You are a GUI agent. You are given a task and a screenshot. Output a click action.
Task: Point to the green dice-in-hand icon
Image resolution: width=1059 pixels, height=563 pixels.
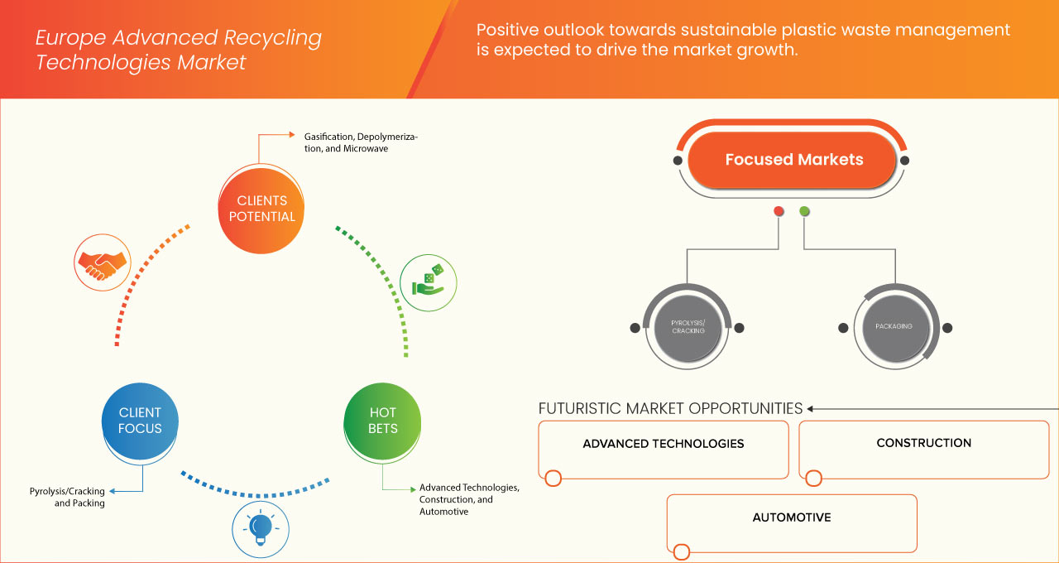click(x=428, y=282)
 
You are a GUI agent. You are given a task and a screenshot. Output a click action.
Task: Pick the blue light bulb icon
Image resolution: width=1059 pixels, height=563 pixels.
click(x=261, y=527)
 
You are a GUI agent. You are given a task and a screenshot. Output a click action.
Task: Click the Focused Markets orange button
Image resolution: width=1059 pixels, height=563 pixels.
click(x=793, y=160)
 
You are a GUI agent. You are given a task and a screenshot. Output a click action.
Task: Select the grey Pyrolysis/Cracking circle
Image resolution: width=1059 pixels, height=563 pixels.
click(x=688, y=326)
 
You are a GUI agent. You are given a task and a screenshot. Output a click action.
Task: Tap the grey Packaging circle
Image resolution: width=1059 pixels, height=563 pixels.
click(x=894, y=326)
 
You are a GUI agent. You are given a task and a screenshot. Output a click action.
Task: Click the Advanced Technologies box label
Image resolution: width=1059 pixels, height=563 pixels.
click(x=663, y=444)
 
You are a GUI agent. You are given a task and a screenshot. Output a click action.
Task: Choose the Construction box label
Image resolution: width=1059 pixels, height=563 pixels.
click(x=923, y=443)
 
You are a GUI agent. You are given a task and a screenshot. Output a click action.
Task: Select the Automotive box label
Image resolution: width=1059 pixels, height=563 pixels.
click(x=792, y=517)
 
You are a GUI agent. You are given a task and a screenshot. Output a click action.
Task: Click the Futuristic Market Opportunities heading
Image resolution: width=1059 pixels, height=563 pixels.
click(x=670, y=408)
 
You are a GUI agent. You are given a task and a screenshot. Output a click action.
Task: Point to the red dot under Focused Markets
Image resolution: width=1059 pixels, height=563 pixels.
click(x=779, y=211)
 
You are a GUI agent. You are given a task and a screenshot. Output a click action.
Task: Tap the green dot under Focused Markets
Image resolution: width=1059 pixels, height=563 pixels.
click(x=804, y=211)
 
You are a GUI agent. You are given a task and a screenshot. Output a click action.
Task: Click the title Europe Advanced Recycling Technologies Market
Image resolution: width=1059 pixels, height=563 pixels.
click(x=179, y=50)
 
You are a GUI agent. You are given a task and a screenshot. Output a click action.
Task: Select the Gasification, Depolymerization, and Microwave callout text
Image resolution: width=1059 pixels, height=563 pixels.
click(x=355, y=142)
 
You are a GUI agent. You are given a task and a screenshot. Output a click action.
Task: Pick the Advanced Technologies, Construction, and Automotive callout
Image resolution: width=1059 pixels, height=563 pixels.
click(x=468, y=499)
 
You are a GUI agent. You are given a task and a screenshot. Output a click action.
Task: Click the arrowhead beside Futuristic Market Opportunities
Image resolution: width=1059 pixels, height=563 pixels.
click(x=812, y=408)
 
